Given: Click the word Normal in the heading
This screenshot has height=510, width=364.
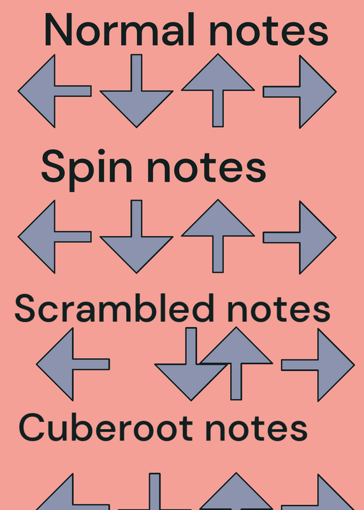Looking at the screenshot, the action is tap(120, 29).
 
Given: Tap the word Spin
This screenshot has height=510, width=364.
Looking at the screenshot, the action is tap(87, 170).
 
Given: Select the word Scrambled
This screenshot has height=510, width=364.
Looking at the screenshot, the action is tap(115, 308).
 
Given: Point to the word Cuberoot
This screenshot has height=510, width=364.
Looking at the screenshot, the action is tap(106, 426).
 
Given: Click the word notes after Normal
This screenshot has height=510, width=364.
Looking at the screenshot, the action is tap(268, 31).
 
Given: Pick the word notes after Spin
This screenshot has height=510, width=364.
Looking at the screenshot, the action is tap(207, 168).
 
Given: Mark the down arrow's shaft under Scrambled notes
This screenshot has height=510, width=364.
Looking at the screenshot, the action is tap(191, 346).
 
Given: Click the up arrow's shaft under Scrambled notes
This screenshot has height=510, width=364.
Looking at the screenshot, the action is tap(236, 381).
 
